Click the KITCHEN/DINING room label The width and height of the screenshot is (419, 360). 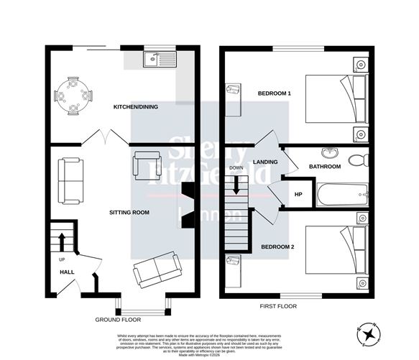pos(136,107)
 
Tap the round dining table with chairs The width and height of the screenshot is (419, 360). pos(74,96)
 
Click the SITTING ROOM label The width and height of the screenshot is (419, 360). pos(129,213)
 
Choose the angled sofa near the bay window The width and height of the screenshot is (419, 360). pos(155,271)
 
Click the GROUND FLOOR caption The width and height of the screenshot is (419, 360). pos(118,318)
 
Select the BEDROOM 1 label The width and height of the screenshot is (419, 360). pos(275,94)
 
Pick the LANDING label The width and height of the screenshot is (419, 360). pos(266,162)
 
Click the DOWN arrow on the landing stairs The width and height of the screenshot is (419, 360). pos(236,185)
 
